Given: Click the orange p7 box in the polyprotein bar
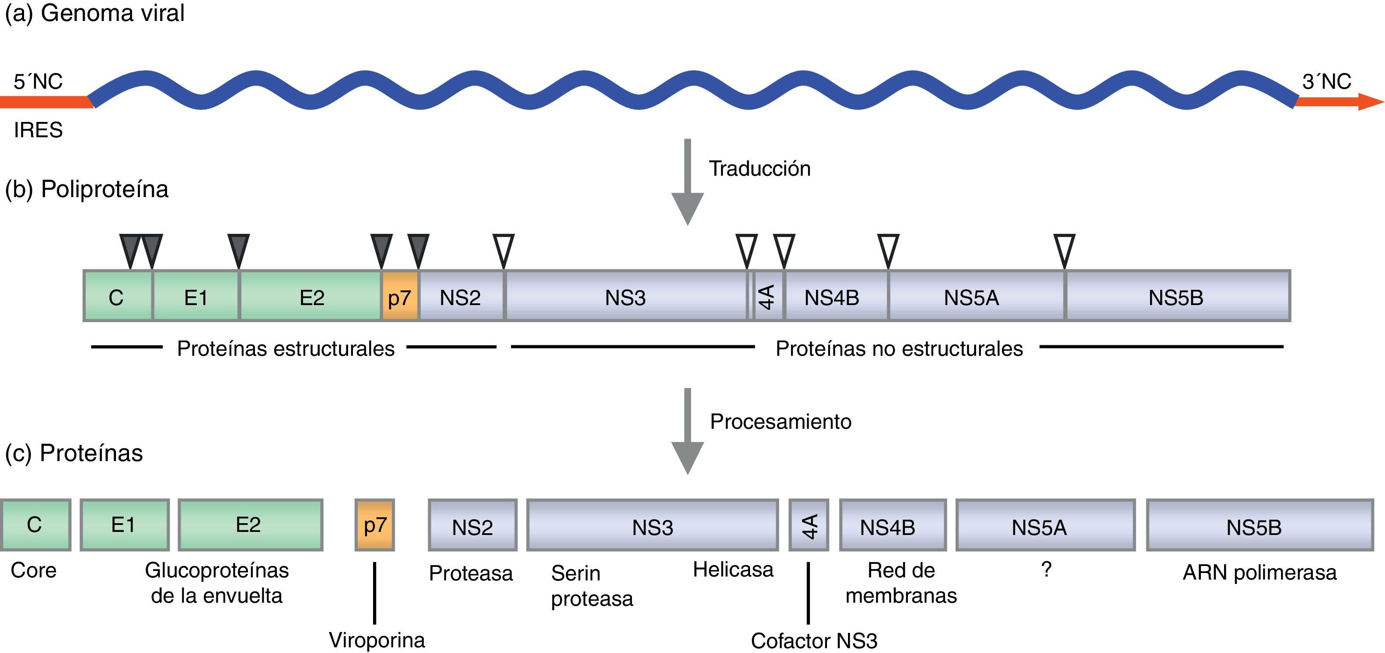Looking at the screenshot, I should (x=399, y=297).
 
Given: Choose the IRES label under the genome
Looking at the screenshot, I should (x=38, y=130).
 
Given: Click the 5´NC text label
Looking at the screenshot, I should (x=38, y=82).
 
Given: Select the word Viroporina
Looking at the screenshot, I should (x=377, y=640).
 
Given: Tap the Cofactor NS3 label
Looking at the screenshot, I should (x=814, y=641).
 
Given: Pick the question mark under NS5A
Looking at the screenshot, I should (x=1046, y=569).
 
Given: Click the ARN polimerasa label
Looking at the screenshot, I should (x=1259, y=573).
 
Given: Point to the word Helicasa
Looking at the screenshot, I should (x=733, y=569).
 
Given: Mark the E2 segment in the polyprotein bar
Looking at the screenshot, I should (x=311, y=297).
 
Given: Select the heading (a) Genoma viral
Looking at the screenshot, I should (x=94, y=13).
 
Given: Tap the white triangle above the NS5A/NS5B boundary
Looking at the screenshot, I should (x=1064, y=250).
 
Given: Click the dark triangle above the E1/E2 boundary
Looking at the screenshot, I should (x=239, y=250).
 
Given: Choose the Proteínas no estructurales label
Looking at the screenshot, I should (x=899, y=349).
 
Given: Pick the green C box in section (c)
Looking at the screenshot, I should (x=35, y=524).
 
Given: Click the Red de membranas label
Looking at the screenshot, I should (x=901, y=583).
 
